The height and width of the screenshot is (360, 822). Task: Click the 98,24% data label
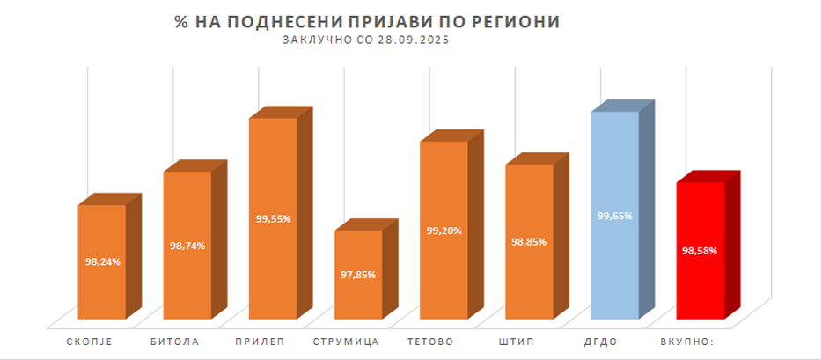click(x=102, y=261)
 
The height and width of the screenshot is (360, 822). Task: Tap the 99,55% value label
click(x=273, y=218)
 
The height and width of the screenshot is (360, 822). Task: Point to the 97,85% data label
click(x=358, y=275)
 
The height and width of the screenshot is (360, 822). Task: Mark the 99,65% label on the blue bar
click(x=614, y=215)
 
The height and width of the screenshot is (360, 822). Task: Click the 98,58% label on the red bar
click(x=700, y=251)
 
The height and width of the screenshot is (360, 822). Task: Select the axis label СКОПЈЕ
click(x=91, y=341)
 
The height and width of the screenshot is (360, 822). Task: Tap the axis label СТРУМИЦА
click(x=346, y=341)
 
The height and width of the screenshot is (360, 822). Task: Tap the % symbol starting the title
click(x=182, y=21)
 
